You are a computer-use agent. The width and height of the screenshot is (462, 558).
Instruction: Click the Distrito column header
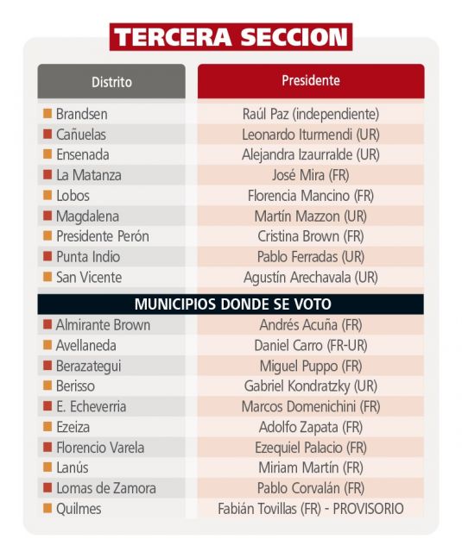coord(111,81)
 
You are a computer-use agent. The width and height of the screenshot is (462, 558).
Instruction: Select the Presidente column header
coord(311,81)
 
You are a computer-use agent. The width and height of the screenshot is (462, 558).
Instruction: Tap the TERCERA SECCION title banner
coord(231,37)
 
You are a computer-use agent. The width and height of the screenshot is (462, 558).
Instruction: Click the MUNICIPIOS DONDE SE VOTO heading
coord(233,304)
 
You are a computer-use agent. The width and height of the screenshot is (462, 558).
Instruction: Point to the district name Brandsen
coord(81,114)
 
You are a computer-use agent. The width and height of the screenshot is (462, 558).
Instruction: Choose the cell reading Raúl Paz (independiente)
coord(311,114)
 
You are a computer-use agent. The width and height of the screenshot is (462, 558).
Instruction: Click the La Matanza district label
coord(89,175)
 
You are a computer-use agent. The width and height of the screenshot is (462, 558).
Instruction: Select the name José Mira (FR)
coord(311,175)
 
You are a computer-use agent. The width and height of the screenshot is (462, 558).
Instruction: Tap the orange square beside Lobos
coord(47,195)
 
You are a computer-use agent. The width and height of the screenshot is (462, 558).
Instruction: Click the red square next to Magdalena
coord(47,216)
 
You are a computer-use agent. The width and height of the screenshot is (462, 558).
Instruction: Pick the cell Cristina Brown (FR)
coord(311,236)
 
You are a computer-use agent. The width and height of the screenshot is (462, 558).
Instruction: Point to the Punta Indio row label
coord(88,257)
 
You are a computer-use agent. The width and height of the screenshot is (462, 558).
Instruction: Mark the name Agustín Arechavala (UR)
coord(311,278)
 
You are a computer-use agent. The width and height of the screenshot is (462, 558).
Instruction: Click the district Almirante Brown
coord(103,325)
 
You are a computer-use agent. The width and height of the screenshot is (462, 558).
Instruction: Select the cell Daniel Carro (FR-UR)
coord(311,346)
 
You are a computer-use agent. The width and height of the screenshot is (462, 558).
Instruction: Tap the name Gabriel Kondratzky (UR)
coord(311,386)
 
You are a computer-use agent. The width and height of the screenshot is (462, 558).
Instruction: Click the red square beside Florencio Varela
coord(47,447)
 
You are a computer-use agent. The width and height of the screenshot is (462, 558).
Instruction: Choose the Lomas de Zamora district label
coord(106,488)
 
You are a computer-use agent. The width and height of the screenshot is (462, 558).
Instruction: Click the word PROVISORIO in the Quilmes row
coord(369,509)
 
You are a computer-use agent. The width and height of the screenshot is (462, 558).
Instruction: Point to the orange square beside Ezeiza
coord(47,427)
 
